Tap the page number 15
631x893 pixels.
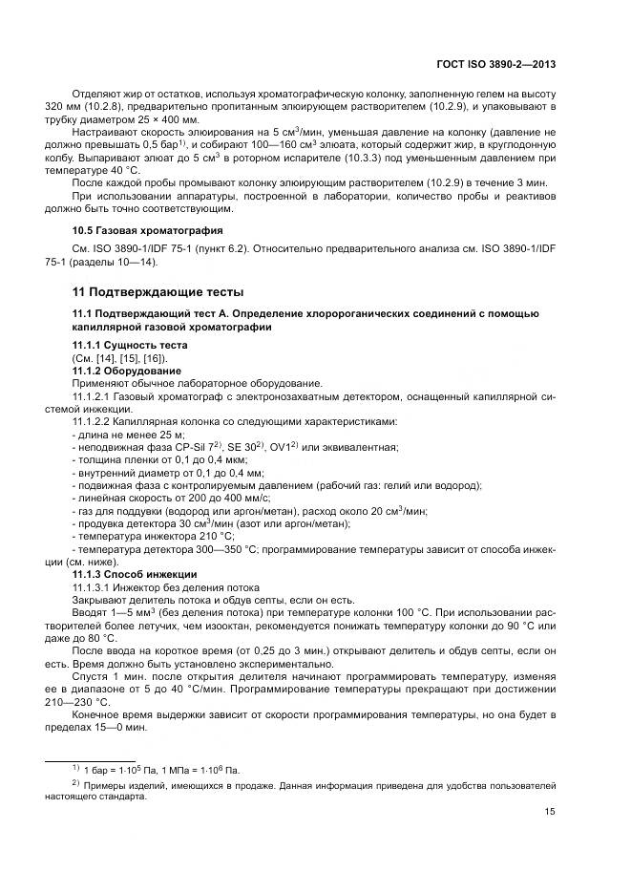[x=550, y=814]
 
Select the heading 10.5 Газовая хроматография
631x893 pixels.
[x=148, y=230]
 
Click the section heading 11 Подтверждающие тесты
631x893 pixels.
[x=158, y=291]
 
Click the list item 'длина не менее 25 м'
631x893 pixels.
[x=118, y=434]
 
